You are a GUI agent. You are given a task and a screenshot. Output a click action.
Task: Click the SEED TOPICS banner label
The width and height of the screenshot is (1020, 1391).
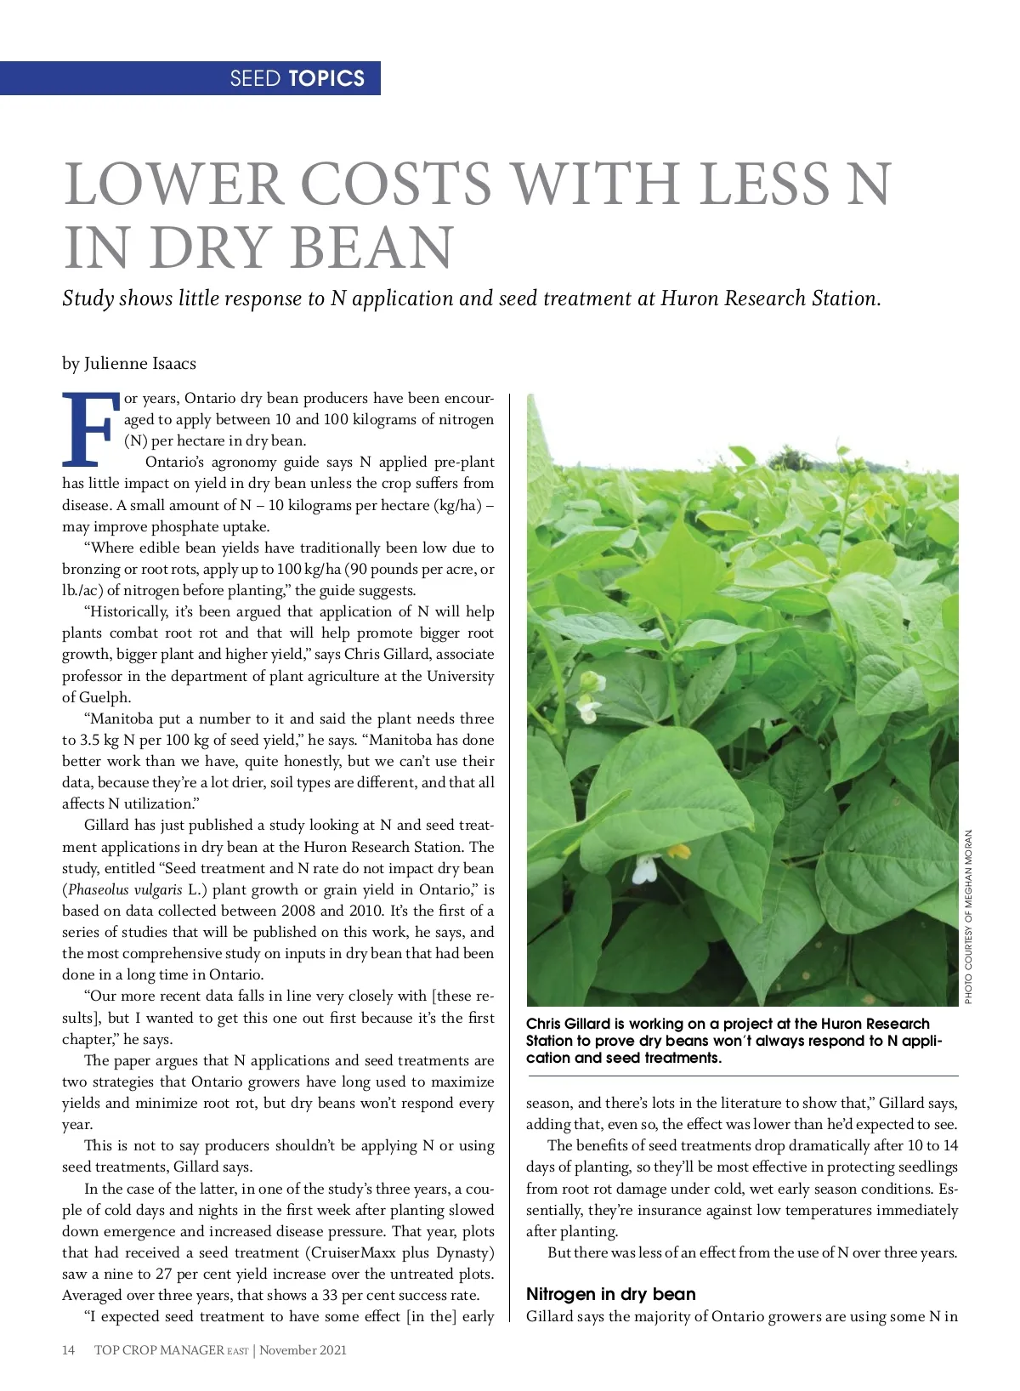tap(297, 78)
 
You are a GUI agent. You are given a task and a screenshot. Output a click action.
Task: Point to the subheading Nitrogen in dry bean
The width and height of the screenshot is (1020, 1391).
tap(610, 1294)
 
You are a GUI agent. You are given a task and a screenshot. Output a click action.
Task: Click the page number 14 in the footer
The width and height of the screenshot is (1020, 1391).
tap(69, 1349)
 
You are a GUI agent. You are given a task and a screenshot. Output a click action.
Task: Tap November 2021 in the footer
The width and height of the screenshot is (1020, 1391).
tap(303, 1349)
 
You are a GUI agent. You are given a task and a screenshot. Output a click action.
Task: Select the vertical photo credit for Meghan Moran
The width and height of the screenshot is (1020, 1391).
tap(968, 916)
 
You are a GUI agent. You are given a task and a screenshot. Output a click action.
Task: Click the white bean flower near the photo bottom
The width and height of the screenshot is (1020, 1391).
tap(644, 869)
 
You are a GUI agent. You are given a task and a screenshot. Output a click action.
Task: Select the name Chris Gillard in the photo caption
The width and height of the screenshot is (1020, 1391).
tap(571, 1024)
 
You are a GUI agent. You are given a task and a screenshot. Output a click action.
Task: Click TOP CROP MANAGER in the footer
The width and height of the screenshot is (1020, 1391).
tap(159, 1349)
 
